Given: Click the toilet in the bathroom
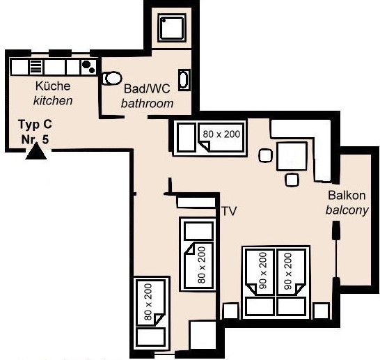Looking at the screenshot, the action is (112, 78).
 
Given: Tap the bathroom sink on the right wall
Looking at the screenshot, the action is (184, 80).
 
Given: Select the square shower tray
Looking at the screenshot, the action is (172, 27).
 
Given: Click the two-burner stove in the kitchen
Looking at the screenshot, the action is (88, 67).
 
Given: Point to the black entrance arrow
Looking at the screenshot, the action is (36, 151).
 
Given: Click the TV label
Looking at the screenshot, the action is (229, 212).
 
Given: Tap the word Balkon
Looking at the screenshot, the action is (347, 196).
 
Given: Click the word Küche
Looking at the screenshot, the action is (53, 86).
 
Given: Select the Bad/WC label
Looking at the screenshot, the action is (147, 88).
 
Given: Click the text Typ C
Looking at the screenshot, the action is (35, 125).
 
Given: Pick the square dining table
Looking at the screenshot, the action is (292, 157).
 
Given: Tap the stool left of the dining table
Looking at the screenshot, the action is (265, 156).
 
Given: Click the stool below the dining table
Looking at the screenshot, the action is (292, 180).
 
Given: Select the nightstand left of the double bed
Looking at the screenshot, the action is (231, 311).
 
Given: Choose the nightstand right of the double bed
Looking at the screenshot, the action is (322, 311).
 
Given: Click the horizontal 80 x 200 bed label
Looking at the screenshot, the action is (221, 134).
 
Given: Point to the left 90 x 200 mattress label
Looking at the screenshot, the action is (262, 271).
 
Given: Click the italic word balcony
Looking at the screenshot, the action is (347, 210).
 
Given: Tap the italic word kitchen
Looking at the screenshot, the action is (53, 100).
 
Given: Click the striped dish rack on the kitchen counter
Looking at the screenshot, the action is (36, 67).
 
